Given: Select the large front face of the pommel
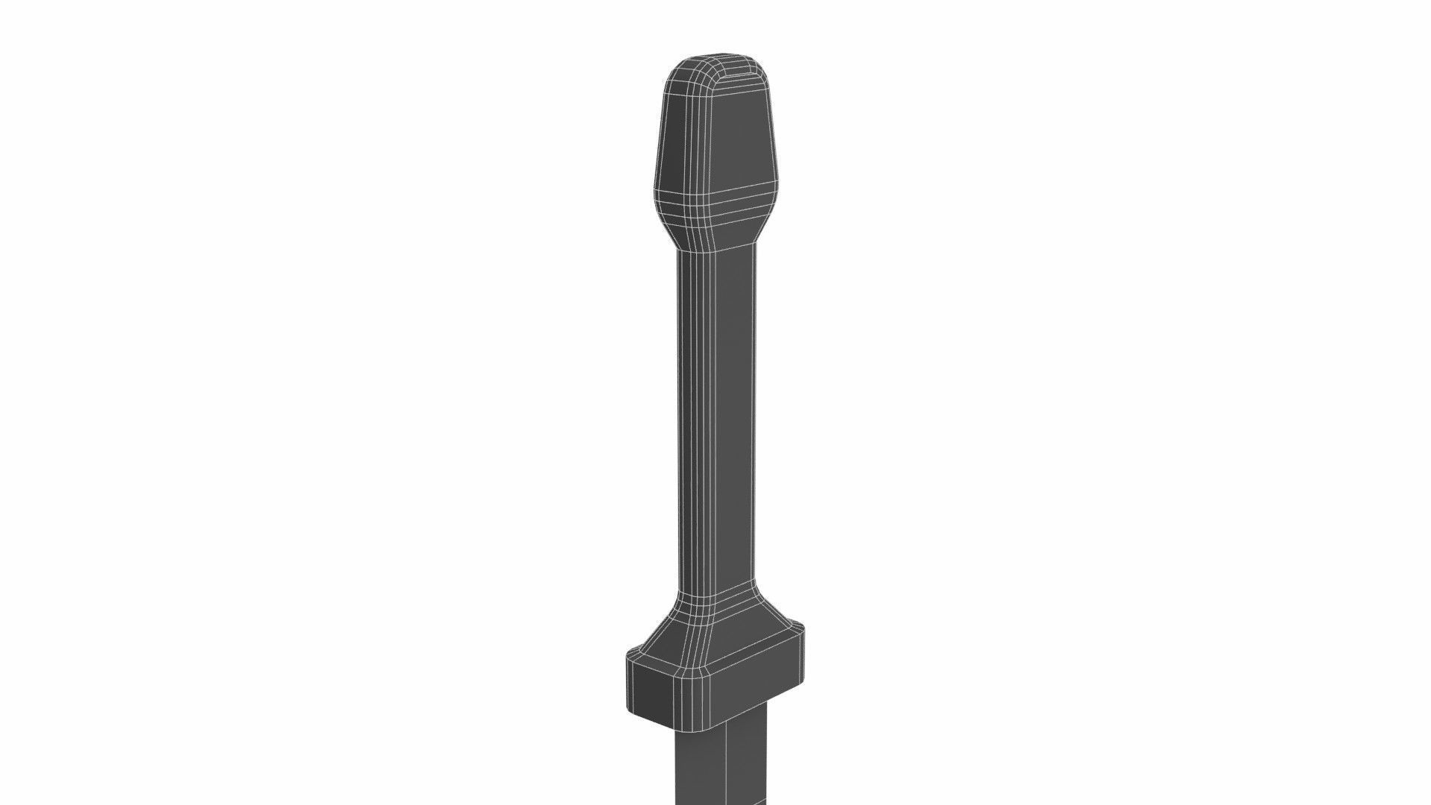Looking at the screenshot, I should pyautogui.click(x=742, y=142).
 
